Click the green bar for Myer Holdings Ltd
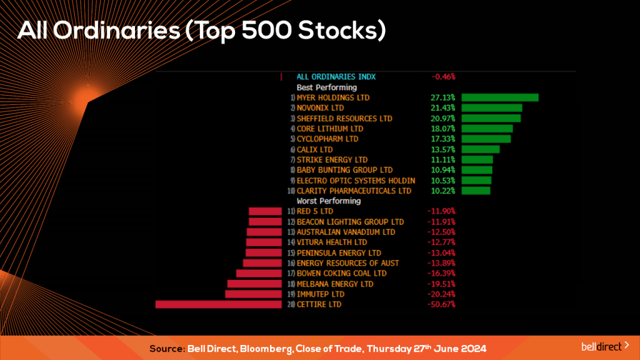[x=499, y=97]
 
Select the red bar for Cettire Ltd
[x=218, y=304]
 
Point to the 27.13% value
[x=442, y=98]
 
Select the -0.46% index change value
[x=443, y=77]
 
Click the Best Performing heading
[x=326, y=87]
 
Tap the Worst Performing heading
[x=328, y=201]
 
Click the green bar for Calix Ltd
[x=480, y=149]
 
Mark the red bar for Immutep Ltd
[x=253, y=294]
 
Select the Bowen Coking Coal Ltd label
[x=341, y=273]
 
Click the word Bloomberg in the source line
[x=261, y=347]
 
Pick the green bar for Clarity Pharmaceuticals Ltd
[x=476, y=191]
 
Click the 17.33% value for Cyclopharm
[x=442, y=139]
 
